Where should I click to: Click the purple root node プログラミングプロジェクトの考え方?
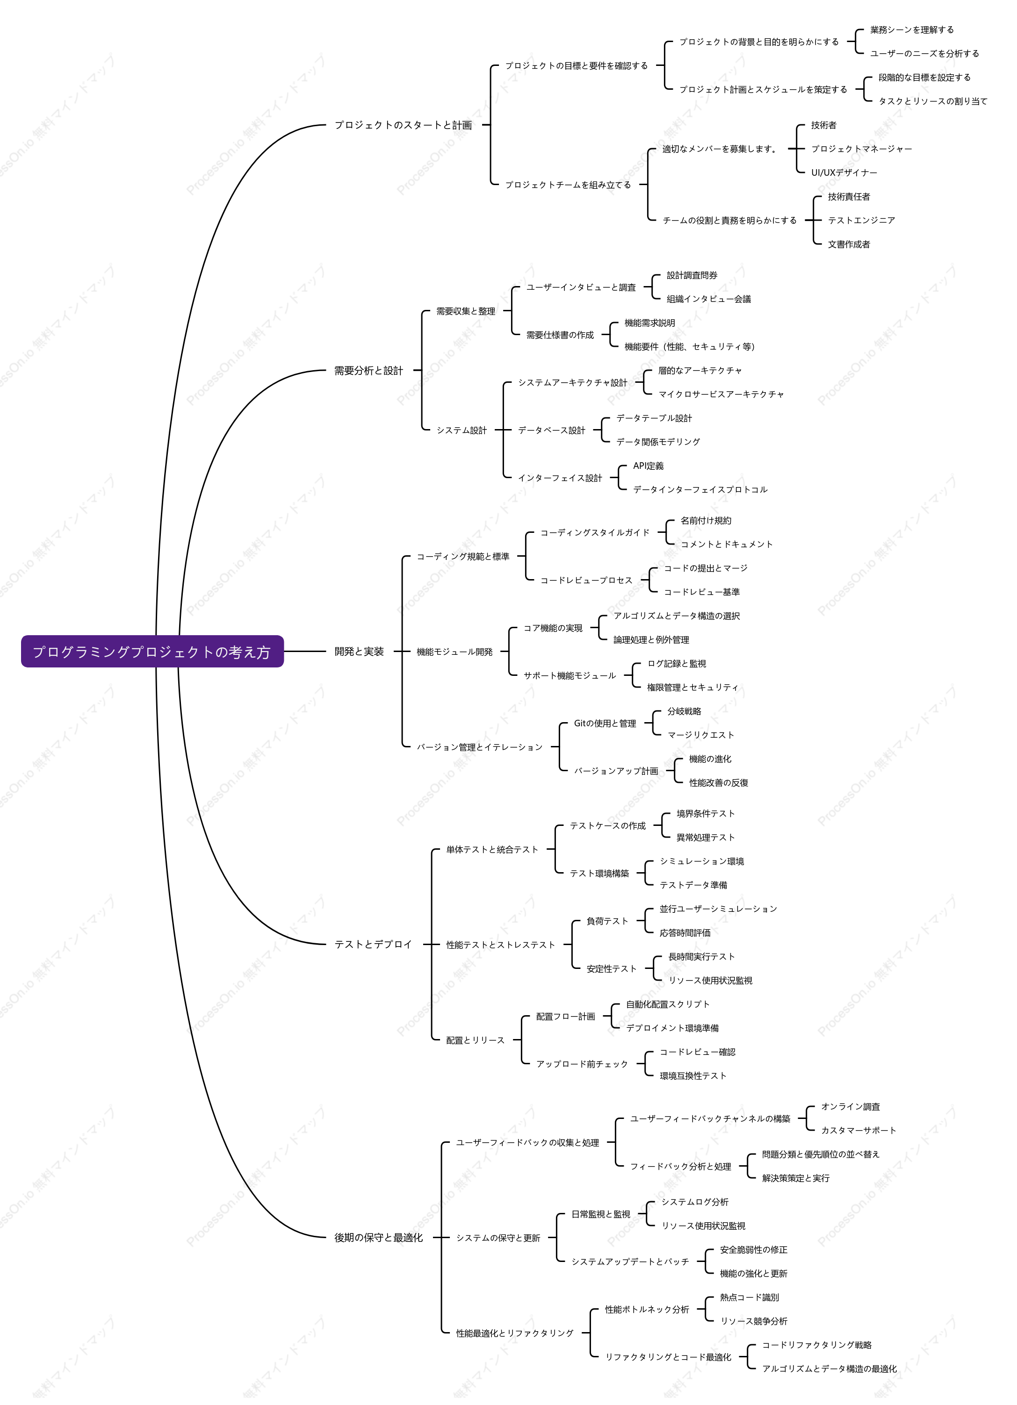click(152, 651)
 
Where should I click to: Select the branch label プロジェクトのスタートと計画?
click(404, 125)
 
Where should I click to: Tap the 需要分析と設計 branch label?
click(369, 371)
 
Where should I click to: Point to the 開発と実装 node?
click(360, 651)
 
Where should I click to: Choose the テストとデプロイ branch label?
click(373, 944)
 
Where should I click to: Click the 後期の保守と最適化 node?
click(379, 1237)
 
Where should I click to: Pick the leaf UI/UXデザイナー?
click(844, 173)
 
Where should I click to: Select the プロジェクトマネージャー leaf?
click(861, 149)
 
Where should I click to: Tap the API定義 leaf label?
click(648, 466)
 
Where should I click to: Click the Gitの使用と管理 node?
click(605, 723)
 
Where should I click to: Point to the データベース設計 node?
click(552, 430)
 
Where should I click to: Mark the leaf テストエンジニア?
click(861, 221)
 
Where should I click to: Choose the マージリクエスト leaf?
click(700, 735)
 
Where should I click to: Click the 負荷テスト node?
click(607, 921)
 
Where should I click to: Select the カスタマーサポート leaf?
click(859, 1130)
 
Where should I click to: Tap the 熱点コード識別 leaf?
click(749, 1297)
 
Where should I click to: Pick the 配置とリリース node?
click(476, 1040)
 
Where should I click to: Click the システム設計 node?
click(462, 430)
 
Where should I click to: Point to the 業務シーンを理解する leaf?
click(912, 30)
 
